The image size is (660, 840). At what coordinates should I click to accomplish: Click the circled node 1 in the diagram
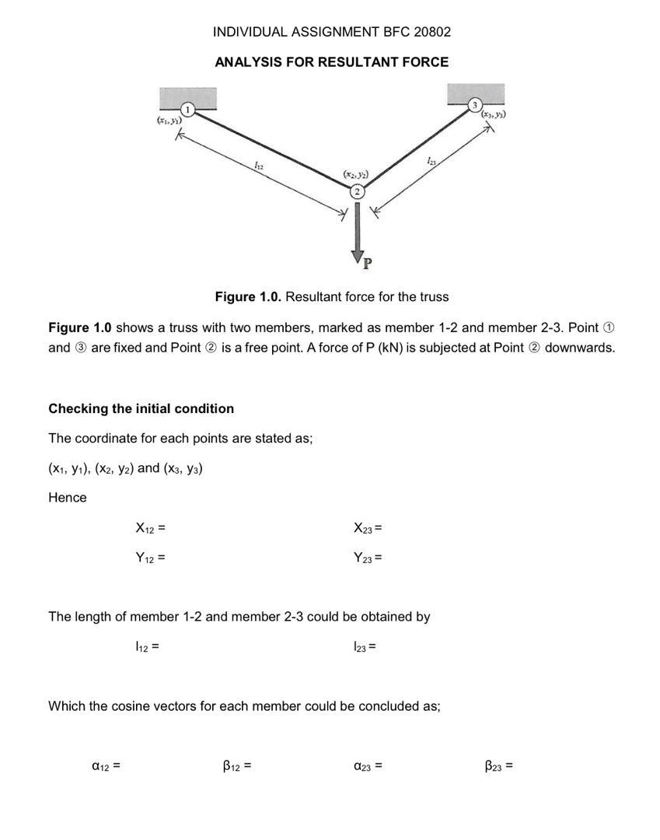coord(187,110)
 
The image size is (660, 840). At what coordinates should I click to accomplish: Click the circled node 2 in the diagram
coord(357,192)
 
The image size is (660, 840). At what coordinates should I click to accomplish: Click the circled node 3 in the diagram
coord(475,105)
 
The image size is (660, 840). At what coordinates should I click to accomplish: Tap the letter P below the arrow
coord(368,263)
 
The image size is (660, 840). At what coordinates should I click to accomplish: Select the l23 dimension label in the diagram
coord(431,160)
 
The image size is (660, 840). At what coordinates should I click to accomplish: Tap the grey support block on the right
coord(476,93)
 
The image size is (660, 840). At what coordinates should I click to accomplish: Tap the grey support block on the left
coord(187,97)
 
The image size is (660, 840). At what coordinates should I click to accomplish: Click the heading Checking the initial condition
coord(141,408)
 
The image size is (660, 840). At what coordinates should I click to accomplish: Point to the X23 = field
coord(368,529)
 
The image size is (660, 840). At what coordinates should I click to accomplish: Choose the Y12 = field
coord(150,558)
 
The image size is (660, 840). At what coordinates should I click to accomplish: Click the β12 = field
coord(236,766)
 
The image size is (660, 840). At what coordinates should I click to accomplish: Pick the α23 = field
coord(367,766)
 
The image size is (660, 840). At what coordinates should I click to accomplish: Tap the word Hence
coord(68,498)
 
